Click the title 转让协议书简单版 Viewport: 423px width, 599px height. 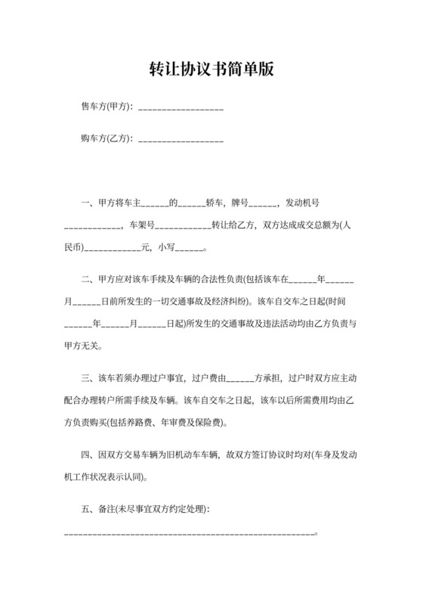pos(211,70)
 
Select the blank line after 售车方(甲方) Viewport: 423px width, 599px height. pos(181,109)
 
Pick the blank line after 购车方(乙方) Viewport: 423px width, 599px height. pos(181,141)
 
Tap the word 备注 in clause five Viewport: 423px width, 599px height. pos(107,510)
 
